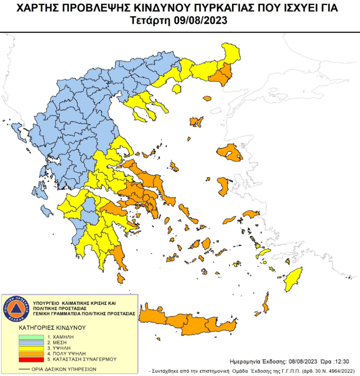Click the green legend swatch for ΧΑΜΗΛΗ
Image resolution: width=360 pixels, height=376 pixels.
[x=31, y=337]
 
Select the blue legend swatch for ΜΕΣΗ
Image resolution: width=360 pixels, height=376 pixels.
[x=31, y=342]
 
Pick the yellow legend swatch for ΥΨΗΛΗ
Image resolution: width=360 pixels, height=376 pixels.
[x=31, y=348]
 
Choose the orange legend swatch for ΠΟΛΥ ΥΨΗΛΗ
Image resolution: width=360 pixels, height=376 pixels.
[x=31, y=354]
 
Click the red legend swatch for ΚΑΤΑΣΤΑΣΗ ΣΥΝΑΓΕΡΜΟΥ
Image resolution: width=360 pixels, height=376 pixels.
[x=31, y=359]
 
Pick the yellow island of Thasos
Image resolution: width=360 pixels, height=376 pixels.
[x=177, y=89]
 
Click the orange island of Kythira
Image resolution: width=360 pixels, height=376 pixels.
[x=121, y=278]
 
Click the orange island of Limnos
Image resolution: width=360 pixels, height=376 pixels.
[x=196, y=122]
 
